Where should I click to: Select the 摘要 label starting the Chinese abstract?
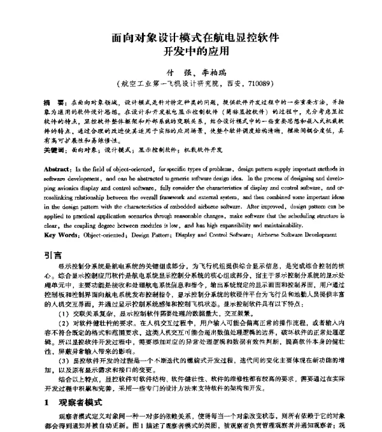click(53, 102)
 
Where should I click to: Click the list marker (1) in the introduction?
click(63, 296)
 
